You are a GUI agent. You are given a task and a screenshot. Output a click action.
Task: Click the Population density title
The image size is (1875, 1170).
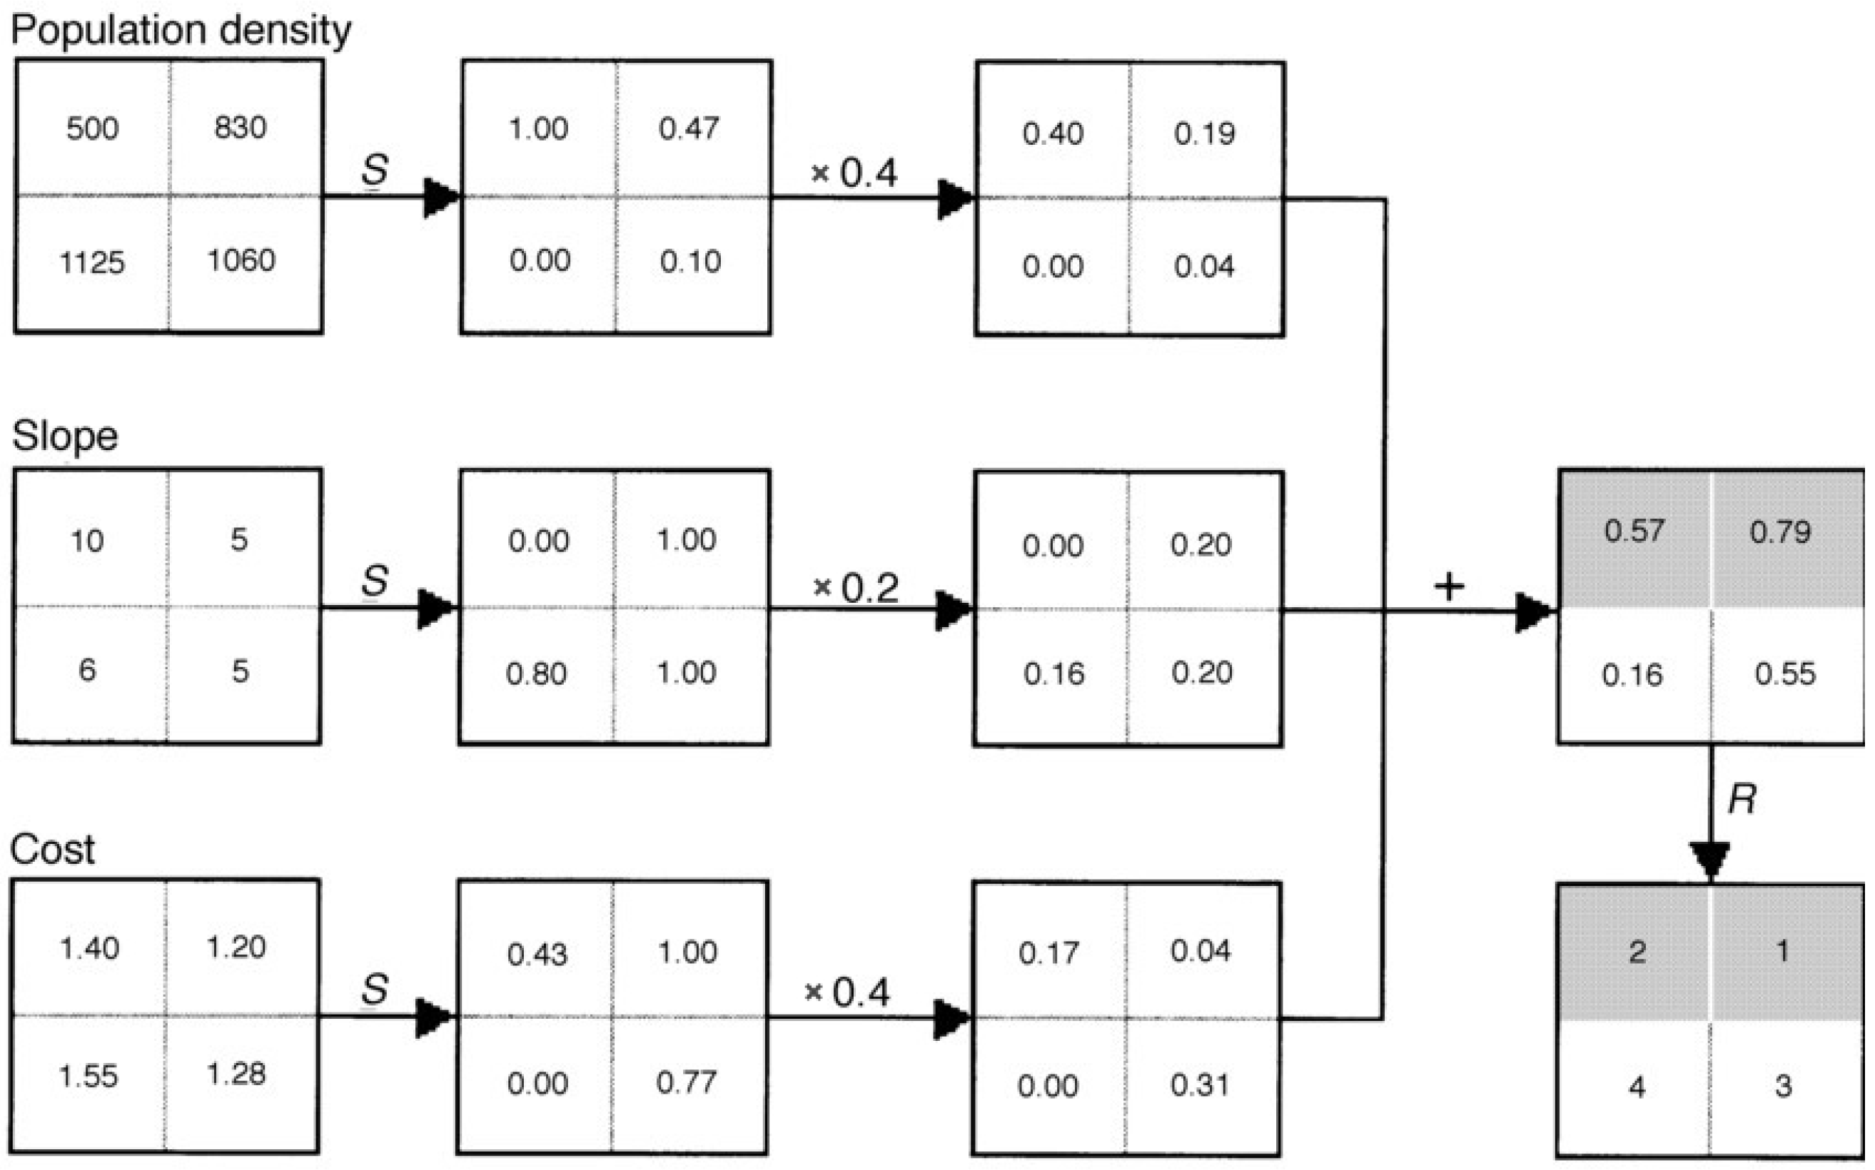(181, 31)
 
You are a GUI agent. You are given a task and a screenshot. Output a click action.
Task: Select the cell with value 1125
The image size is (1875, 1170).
(91, 263)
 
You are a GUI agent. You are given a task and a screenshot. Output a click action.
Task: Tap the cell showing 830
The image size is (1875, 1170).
(241, 128)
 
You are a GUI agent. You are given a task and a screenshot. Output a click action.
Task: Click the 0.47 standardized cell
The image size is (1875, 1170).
(689, 128)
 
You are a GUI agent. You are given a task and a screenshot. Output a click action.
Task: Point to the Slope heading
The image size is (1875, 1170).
(65, 437)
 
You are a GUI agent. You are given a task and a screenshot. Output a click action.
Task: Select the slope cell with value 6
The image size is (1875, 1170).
(88, 670)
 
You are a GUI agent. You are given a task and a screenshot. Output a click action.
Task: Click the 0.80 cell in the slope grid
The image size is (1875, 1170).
(536, 674)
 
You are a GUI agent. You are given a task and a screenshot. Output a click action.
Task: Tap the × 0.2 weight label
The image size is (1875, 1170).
(856, 588)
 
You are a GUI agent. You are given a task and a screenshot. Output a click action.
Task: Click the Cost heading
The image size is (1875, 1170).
(52, 849)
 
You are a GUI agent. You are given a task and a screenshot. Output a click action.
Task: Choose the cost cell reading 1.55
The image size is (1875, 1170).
(89, 1077)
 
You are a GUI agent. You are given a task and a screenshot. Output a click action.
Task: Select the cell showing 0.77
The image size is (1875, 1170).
(687, 1082)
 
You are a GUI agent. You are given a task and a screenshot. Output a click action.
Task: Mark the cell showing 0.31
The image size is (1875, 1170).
(1200, 1085)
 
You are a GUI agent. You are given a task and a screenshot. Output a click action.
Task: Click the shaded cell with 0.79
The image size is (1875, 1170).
(1781, 532)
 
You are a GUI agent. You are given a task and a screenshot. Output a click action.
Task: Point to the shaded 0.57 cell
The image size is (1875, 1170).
(1634, 531)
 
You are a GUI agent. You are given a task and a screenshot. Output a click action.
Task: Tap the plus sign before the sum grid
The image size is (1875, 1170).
(1448, 587)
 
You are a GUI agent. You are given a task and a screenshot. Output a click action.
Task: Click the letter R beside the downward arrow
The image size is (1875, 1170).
(1742, 798)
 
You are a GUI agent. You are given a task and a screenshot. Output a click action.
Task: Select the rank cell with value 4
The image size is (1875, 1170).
(1637, 1087)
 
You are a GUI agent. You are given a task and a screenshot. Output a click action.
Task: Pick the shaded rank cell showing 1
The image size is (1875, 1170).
(1782, 951)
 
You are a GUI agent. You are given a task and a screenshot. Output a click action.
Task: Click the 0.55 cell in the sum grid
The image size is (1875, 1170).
(1784, 674)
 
